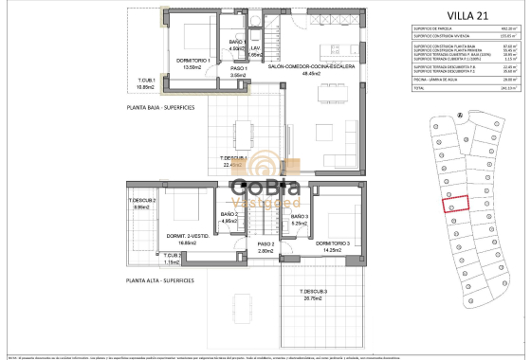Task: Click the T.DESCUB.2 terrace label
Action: tap(142, 203)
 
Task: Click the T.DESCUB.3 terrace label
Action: tap(314, 294)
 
